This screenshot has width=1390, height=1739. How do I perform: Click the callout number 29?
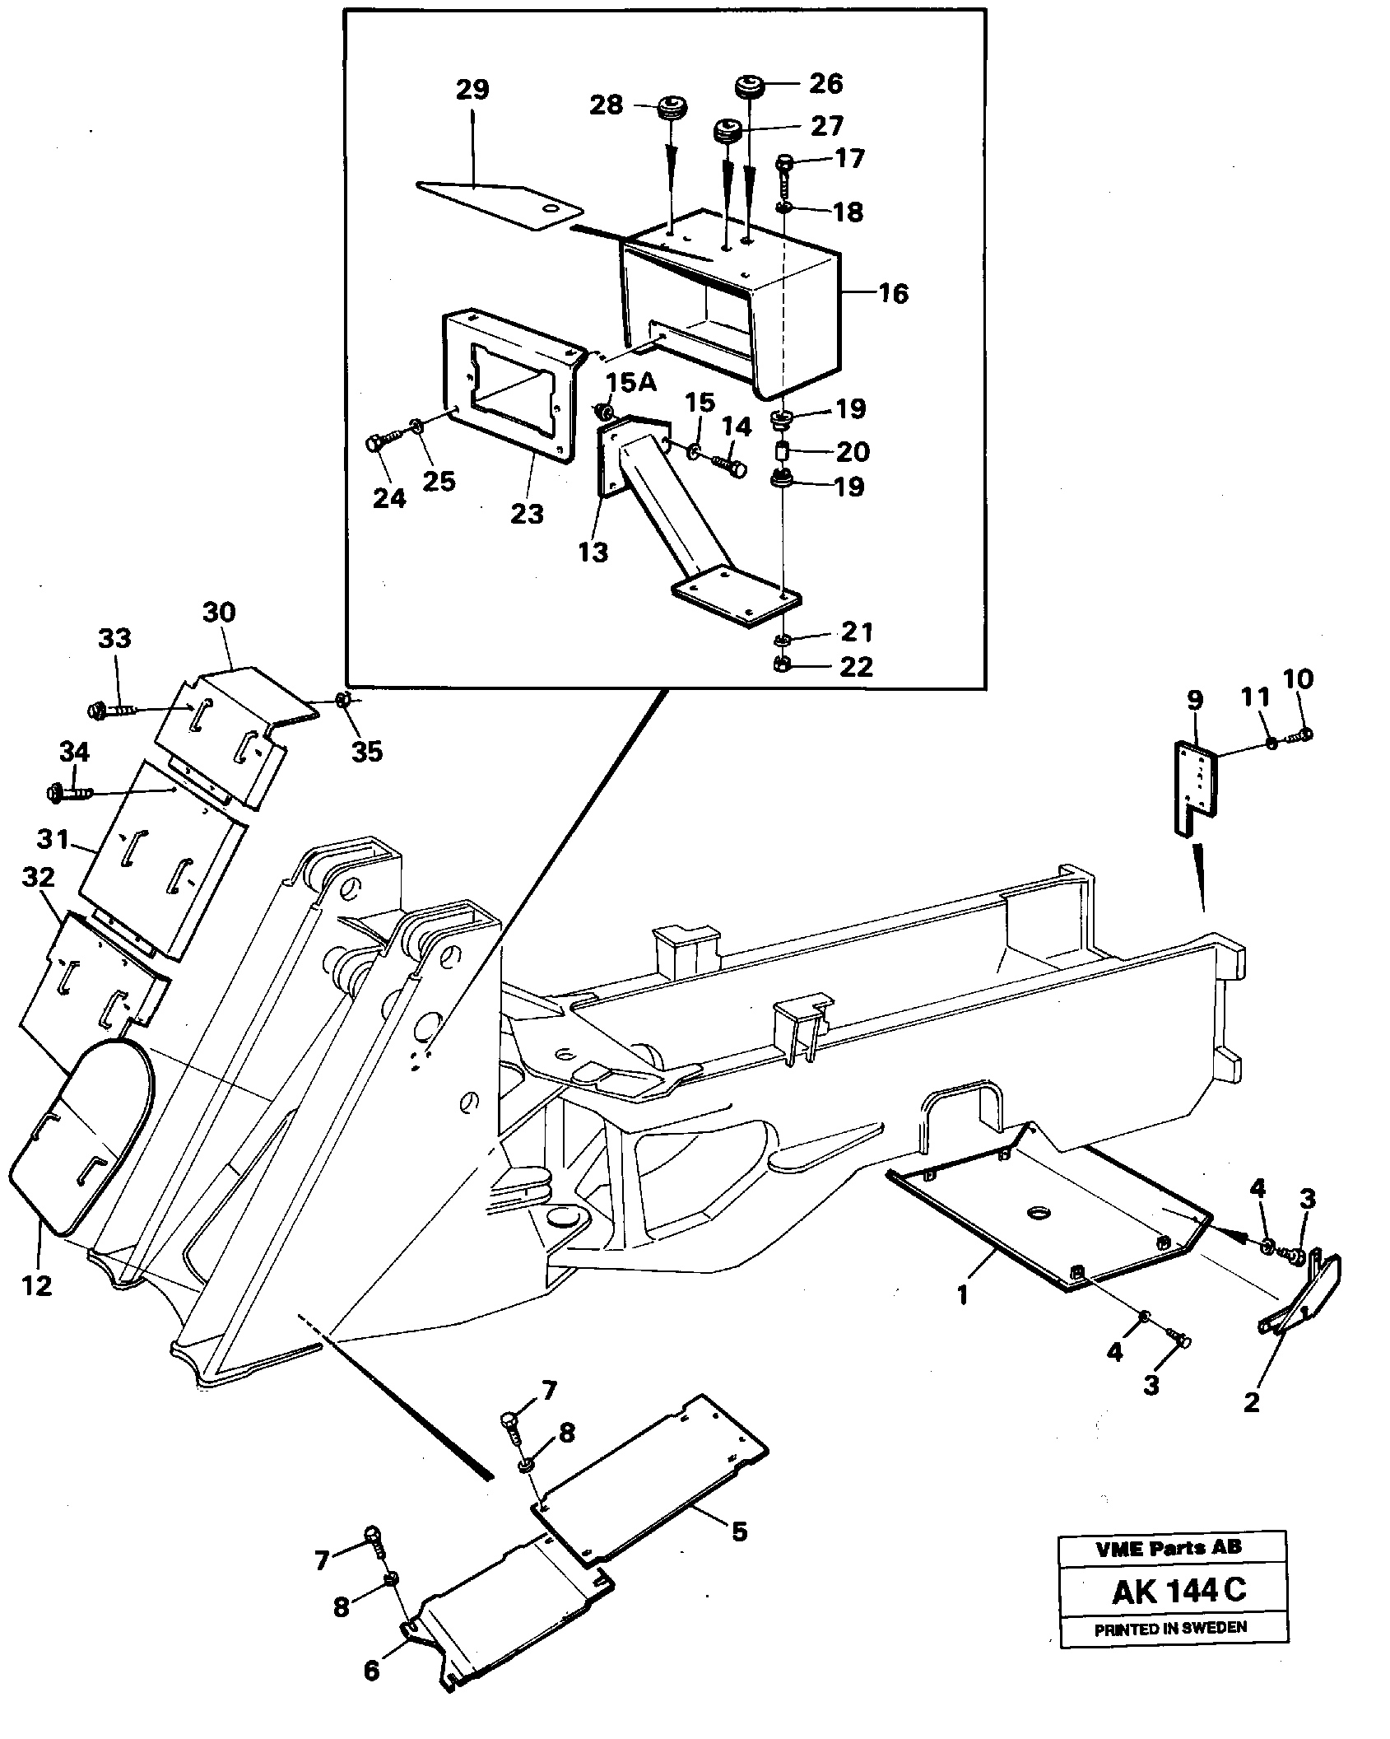point(472,90)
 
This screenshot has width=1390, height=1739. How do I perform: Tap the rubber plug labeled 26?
point(749,85)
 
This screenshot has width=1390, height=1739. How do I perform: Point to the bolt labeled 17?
point(783,164)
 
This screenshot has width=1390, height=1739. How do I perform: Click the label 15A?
point(632,383)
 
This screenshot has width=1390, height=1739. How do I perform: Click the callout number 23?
point(527,514)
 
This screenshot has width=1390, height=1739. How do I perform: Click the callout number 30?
point(219,613)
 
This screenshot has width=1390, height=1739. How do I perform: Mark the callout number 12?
point(37,1285)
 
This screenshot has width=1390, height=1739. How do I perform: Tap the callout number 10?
point(1299,679)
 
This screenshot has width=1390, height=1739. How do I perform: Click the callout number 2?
point(1251,1401)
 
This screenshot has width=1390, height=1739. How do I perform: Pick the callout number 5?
point(738,1532)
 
